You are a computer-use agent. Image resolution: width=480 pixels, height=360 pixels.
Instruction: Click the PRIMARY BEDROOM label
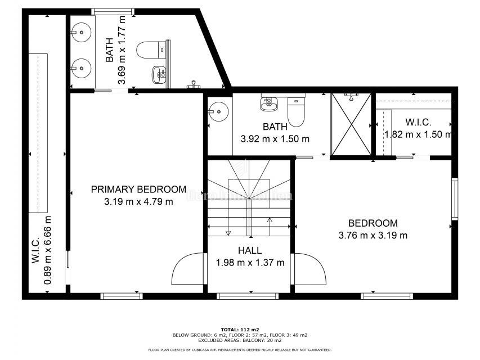pyautogui.click(x=138, y=189)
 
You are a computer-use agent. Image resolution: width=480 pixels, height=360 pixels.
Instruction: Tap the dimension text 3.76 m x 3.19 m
pyautogui.click(x=373, y=235)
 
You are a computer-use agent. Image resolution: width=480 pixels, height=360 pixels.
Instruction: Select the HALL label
pyautogui.click(x=250, y=251)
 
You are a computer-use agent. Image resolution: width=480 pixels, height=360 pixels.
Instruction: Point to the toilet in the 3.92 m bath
pyautogui.click(x=296, y=110)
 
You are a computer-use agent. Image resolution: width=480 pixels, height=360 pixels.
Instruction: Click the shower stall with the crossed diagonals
pyautogui.click(x=351, y=124)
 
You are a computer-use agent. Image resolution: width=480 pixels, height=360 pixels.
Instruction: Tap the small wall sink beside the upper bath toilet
pyautogui.click(x=159, y=73)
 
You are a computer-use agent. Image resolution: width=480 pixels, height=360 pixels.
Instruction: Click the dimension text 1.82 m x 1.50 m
pyautogui.click(x=418, y=134)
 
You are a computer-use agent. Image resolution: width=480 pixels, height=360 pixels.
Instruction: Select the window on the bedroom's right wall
pyautogui.click(x=455, y=199)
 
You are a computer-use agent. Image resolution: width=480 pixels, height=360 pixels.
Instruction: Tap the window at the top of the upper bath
pyautogui.click(x=113, y=11)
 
